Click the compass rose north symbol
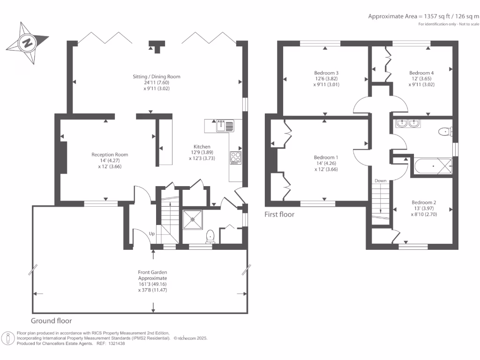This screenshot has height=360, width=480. [27, 44]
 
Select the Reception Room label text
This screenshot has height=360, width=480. [110, 155]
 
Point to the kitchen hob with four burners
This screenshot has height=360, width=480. [235, 157]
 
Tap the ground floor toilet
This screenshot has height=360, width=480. [210, 236]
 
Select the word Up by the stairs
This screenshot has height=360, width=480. [152, 233]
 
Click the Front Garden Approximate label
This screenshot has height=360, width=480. [152, 275]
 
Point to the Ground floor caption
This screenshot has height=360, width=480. [51, 321]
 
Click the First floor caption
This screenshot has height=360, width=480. [279, 214]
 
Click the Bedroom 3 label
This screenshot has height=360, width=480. [326, 73]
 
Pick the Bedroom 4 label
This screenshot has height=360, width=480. [421, 73]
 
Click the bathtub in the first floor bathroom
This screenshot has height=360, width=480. [432, 166]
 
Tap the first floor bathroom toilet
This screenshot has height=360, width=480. [443, 132]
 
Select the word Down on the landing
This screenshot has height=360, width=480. [380, 180]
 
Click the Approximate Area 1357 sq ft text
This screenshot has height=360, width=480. [423, 16]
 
